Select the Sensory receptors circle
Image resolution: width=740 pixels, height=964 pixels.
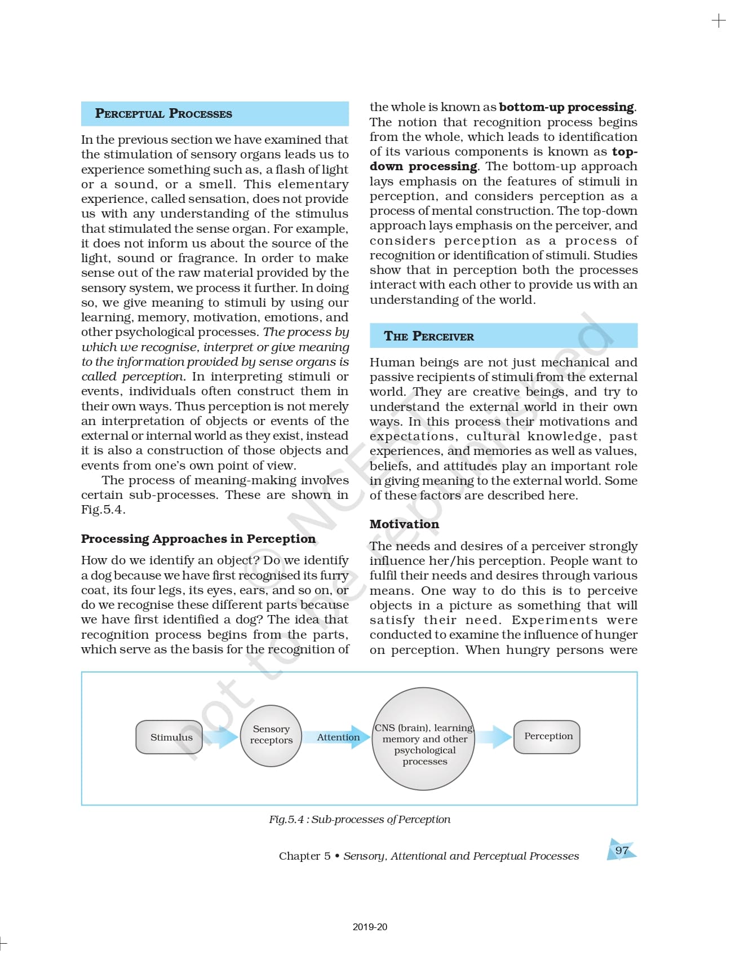tap(271, 735)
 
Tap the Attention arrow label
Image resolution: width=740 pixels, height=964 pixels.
tap(338, 737)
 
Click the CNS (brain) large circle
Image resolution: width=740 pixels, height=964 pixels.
tap(424, 739)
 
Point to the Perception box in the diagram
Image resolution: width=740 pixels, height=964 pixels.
tap(547, 736)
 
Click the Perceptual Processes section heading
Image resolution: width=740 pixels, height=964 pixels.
tap(163, 113)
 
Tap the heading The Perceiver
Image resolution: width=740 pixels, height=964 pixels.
tap(428, 337)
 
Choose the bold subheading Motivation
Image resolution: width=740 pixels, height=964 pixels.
tap(404, 524)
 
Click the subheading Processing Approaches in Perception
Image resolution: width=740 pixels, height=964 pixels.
tap(198, 538)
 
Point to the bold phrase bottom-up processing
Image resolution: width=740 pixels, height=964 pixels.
tap(566, 107)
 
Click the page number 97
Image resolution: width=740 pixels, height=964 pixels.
tap(622, 850)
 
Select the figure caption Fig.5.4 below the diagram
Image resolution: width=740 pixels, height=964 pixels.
tap(359, 819)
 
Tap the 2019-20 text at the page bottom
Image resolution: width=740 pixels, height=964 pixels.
tap(370, 927)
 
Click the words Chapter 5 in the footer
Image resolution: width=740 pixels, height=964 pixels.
tap(304, 856)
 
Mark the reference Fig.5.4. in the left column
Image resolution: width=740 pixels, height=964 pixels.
tap(103, 510)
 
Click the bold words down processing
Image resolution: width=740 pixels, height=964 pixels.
tap(423, 166)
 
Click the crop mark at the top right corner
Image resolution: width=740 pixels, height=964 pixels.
tap(719, 21)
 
